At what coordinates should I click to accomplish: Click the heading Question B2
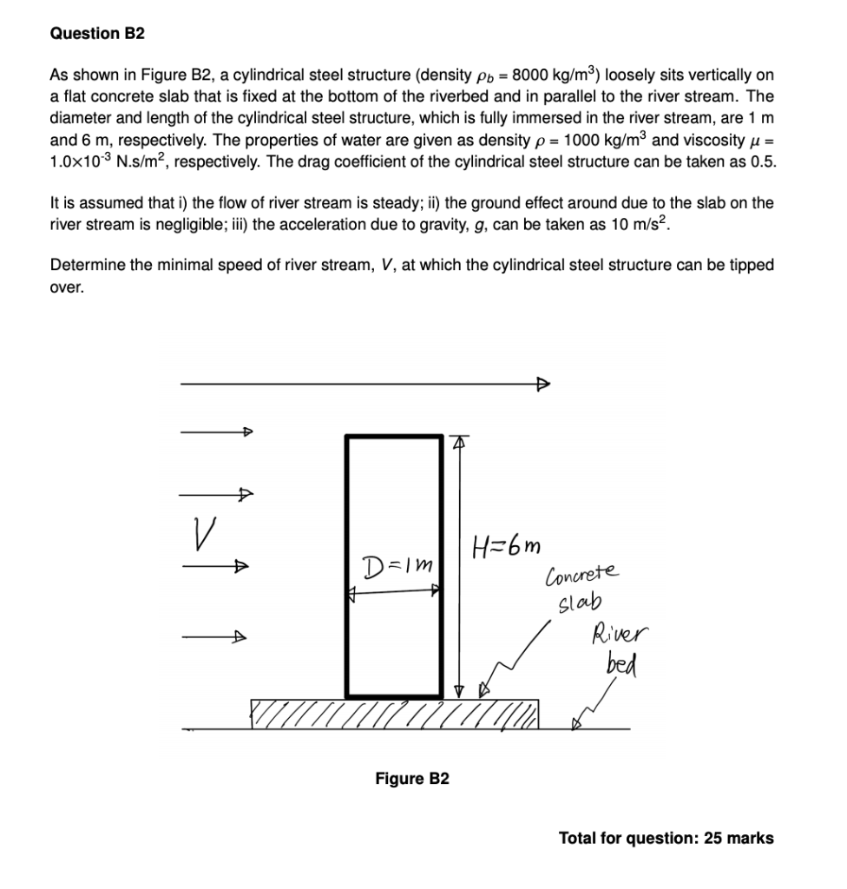[x=97, y=34]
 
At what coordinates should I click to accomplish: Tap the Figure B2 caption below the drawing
[x=412, y=778]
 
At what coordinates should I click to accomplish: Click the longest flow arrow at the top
[x=364, y=384]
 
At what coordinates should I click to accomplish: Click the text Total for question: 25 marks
[x=666, y=838]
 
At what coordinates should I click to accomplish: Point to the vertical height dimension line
[x=459, y=564]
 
